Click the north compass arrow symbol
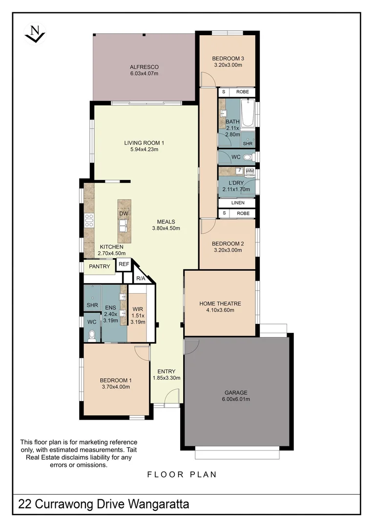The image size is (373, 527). coord(35,33)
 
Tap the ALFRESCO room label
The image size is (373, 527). coord(144,67)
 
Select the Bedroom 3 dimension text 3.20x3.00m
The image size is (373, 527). coord(228,65)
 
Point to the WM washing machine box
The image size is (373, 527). coord(249,171)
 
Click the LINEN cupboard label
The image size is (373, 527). coord(238,203)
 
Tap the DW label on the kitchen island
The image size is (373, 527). coord(123,213)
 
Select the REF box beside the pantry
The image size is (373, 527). coord(124,264)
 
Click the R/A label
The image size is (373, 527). coord(141,278)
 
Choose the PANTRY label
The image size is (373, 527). coord(99,267)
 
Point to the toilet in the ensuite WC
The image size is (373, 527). coord(91,335)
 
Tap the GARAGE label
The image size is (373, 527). coord(236,392)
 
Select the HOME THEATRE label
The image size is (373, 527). coord(220,304)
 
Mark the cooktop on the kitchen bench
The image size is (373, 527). coord(89,221)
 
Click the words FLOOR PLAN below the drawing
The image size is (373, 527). coord(182,474)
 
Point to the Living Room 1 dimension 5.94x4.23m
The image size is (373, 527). coord(144,149)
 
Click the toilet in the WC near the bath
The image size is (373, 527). coord(247,157)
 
